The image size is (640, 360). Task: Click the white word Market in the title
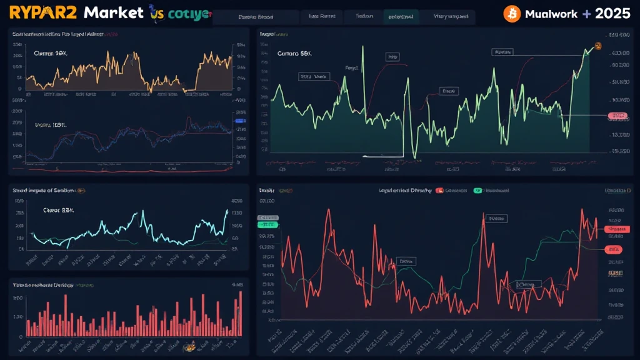[114, 12]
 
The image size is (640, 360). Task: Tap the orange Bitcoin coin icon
[512, 13]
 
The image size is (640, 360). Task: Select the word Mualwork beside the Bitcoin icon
[551, 13]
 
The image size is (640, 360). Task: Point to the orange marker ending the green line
[597, 46]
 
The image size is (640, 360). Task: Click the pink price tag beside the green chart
[617, 116]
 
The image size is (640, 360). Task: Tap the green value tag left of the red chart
[267, 224]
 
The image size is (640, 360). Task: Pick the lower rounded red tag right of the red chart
[613, 249]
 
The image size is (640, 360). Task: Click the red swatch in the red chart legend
[439, 190]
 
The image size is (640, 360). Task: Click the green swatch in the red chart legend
[477, 190]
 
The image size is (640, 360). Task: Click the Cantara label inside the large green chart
[294, 54]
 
